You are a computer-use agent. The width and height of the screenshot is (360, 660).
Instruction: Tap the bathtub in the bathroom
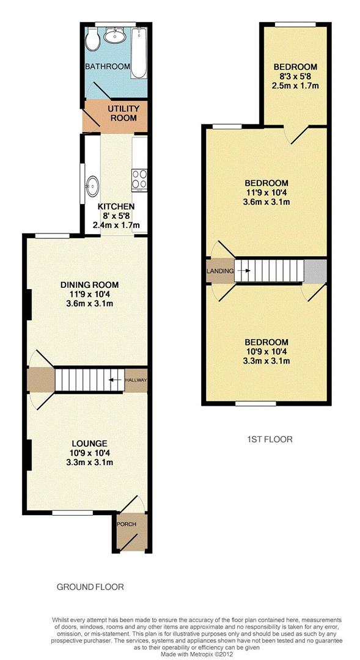tap(139, 53)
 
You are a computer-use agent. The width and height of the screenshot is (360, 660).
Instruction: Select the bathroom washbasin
tap(115, 35)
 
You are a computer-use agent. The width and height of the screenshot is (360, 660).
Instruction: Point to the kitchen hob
tap(139, 180)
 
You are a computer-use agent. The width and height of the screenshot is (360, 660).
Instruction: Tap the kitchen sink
tap(92, 186)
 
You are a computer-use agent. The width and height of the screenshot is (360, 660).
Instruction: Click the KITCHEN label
tap(116, 207)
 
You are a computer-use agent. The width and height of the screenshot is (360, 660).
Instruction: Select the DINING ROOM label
tap(89, 285)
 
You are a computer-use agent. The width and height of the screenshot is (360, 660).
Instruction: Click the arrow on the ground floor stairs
tap(113, 380)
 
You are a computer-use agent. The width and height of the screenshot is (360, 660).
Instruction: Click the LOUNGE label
tap(89, 443)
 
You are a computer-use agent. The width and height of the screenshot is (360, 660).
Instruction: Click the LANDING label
tap(220, 271)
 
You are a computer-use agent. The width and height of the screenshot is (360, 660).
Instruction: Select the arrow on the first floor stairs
tap(246, 271)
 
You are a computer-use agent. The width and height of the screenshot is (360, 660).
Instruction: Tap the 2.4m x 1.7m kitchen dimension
tap(116, 225)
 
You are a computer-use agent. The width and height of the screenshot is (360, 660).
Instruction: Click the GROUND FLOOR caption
tap(90, 586)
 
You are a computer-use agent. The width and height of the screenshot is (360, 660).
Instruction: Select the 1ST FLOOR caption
tap(270, 439)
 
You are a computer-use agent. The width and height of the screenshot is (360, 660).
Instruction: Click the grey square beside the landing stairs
tap(315, 271)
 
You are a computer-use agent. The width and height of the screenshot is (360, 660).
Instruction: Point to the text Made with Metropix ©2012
tap(196, 655)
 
